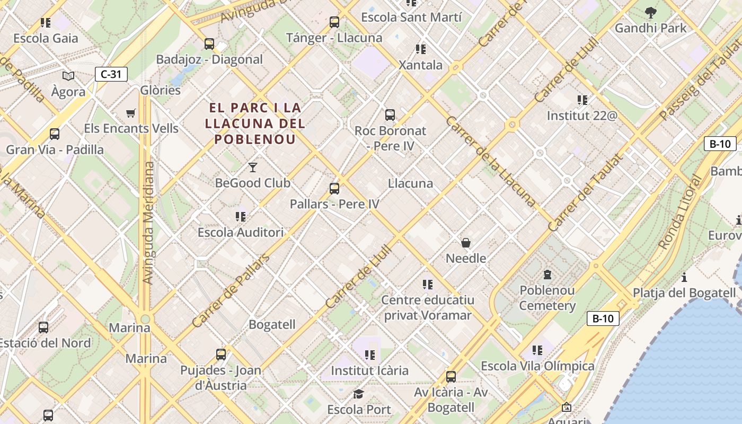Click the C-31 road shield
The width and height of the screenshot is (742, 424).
pos(111,74)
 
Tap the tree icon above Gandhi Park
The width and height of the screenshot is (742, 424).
pos(651,12)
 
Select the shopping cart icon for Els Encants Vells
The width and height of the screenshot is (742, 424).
pos(131,113)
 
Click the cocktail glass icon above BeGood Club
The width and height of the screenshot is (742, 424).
pos(253,167)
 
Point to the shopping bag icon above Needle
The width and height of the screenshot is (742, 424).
pos(466,243)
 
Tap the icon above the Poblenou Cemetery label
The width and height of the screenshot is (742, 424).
pos(547,275)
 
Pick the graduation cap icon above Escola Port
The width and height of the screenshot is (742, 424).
pos(359,394)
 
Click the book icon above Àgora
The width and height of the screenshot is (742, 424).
pos(68,76)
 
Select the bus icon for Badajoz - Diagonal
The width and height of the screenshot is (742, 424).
pos(209,43)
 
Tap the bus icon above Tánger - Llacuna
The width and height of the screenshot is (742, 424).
pos(334,22)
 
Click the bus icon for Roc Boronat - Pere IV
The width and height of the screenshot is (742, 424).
pos(390,114)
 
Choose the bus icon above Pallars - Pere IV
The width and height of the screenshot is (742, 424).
pos(334,188)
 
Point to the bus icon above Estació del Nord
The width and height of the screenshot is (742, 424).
pos(43,328)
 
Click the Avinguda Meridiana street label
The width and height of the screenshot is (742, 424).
pos(148,223)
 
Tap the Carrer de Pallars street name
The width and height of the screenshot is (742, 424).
pos(231,290)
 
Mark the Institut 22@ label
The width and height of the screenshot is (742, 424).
pos(582,115)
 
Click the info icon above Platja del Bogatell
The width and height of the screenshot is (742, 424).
pos(684,277)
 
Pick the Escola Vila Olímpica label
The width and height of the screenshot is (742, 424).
pos(537,366)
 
